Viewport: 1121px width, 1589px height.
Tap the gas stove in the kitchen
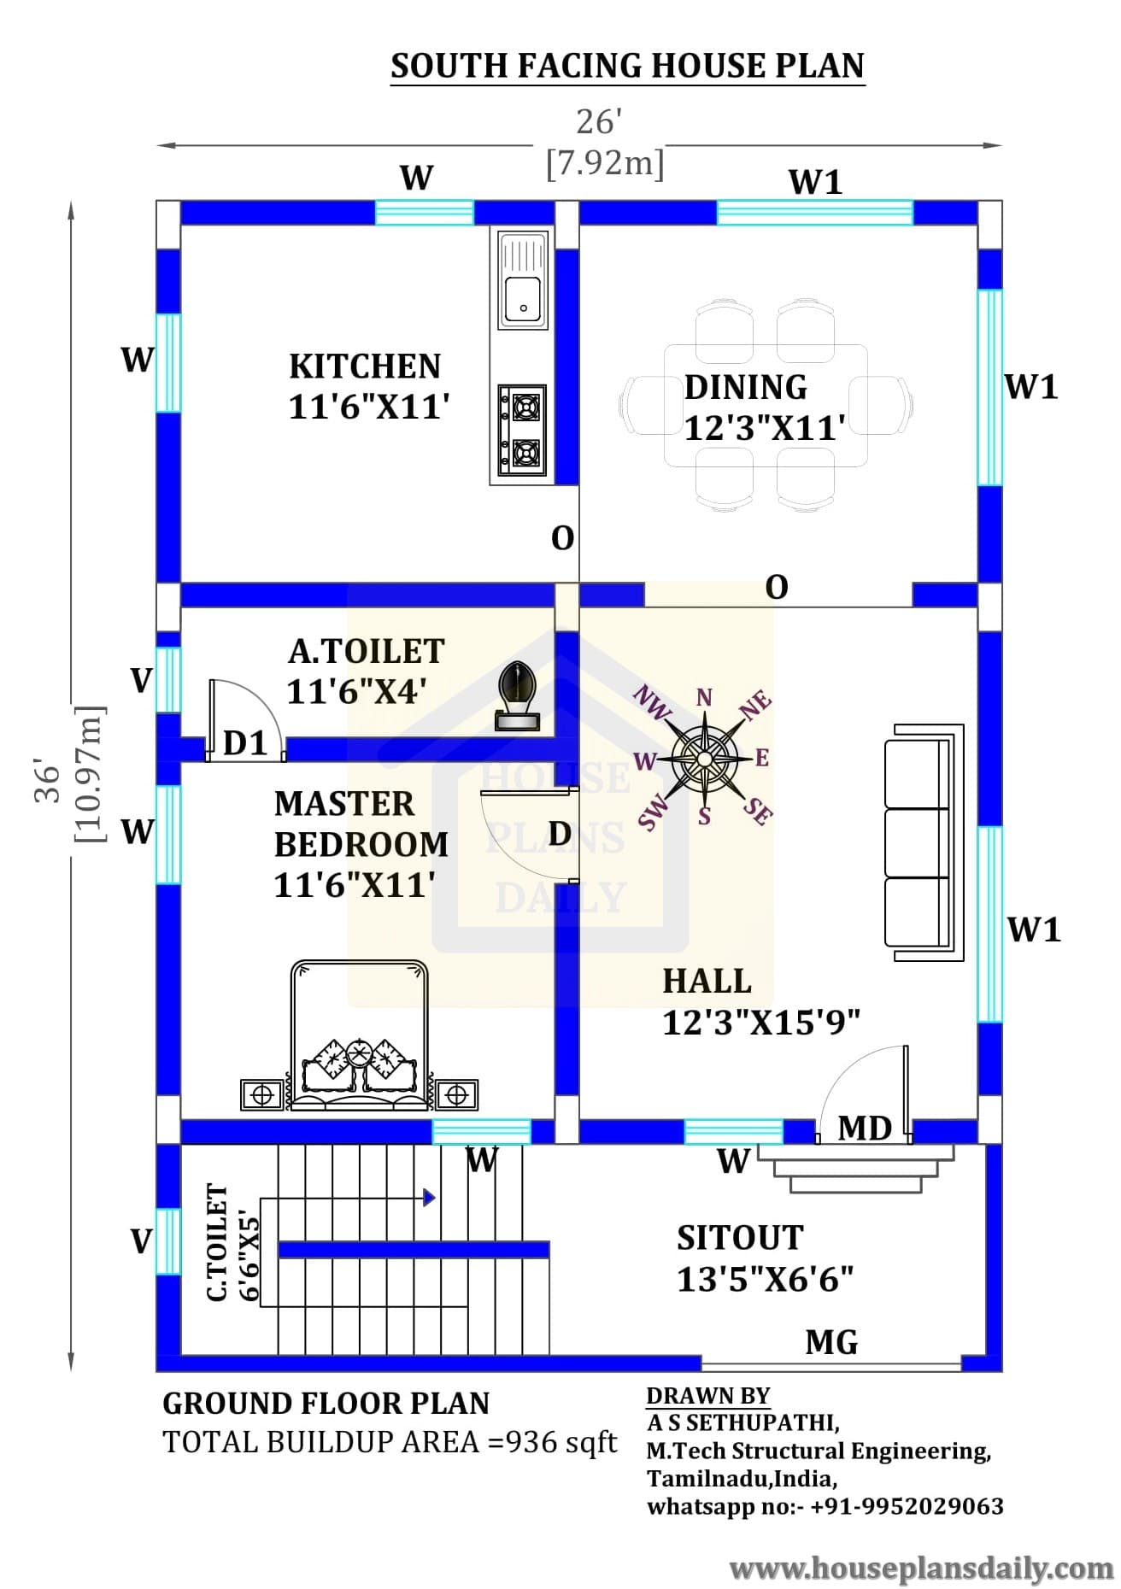(x=522, y=430)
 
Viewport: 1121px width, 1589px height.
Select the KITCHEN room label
(x=365, y=366)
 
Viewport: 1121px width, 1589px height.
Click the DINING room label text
(x=745, y=387)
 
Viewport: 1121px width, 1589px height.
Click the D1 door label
(x=245, y=743)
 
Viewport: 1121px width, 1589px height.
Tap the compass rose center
(x=703, y=758)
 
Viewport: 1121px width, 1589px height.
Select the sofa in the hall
(x=924, y=842)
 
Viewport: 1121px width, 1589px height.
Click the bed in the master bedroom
(x=359, y=1035)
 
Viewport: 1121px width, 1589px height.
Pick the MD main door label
(x=865, y=1129)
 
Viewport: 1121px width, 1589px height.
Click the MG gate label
(x=831, y=1342)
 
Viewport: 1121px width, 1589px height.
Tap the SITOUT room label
(x=740, y=1238)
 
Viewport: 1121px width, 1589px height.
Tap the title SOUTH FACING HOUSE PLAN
(x=627, y=66)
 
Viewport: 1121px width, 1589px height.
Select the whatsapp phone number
(x=907, y=1505)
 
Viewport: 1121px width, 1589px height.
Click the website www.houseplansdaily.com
(x=921, y=1568)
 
